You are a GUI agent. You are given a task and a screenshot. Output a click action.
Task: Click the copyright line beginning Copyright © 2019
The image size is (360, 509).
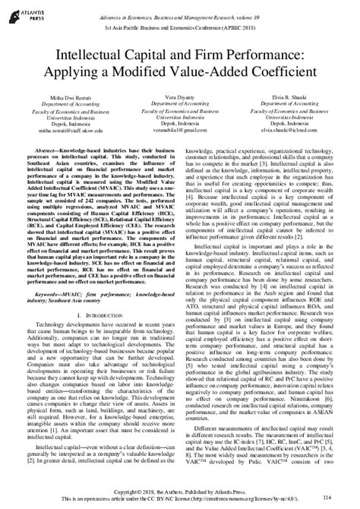(179, 493)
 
